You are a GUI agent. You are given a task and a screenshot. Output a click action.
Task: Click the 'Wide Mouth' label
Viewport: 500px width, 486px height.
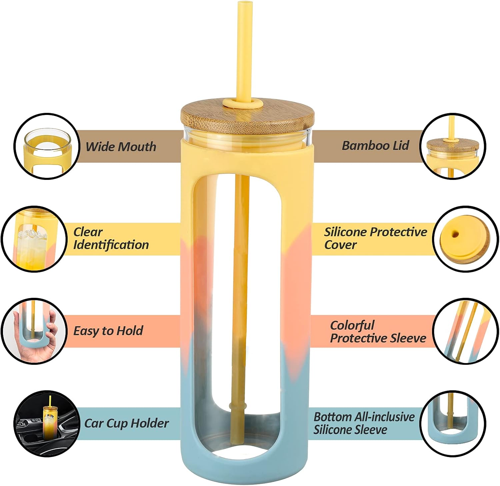pos(121,147)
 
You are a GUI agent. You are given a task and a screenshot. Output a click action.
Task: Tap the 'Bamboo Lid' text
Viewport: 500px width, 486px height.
pos(375,146)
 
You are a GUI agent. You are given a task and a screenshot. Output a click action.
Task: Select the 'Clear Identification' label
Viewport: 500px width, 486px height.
pos(111,239)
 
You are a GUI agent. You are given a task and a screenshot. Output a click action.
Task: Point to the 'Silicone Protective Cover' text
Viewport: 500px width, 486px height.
pos(376,239)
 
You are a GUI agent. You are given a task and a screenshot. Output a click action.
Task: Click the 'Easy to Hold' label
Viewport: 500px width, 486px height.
pos(108,331)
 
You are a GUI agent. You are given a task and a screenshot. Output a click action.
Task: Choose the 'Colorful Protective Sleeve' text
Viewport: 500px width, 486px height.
pos(378,332)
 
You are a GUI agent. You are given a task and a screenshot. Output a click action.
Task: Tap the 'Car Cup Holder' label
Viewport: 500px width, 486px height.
pos(126,423)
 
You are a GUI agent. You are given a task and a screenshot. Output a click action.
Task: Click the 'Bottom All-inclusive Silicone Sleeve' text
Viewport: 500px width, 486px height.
pos(364,423)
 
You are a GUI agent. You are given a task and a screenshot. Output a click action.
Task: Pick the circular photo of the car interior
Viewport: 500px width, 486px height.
pos(47,424)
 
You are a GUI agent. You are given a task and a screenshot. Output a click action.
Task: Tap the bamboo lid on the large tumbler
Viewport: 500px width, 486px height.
pos(247,117)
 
